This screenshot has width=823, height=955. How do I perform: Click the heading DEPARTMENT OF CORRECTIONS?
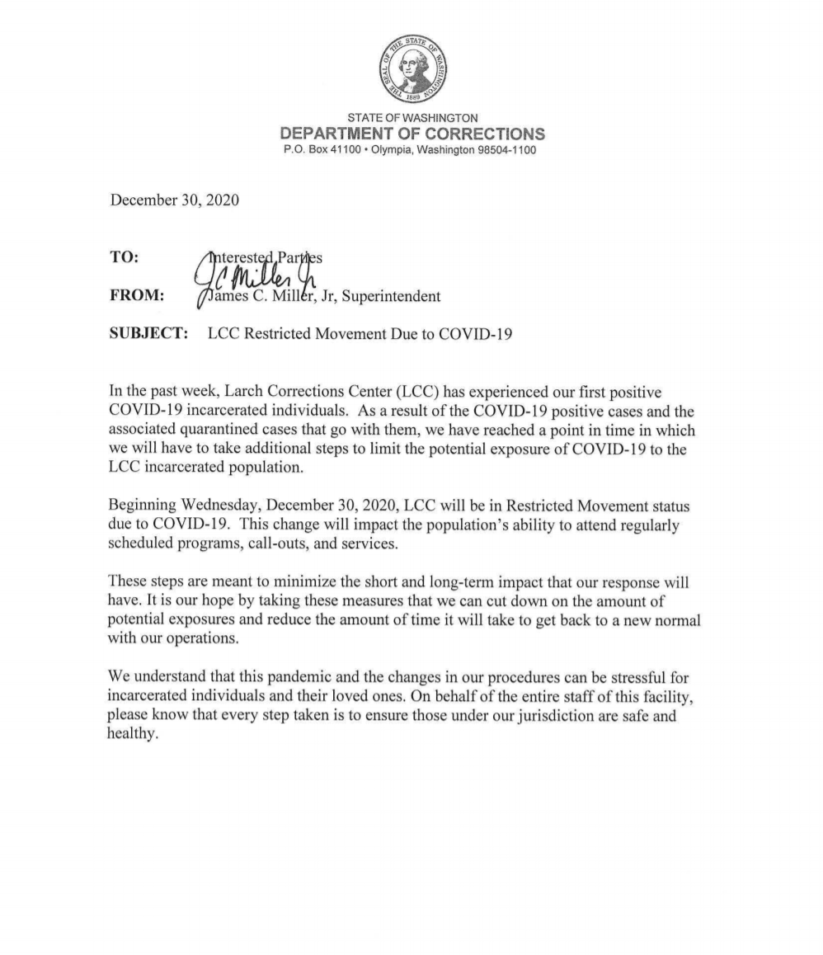(x=411, y=134)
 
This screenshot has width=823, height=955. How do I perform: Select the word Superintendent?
(x=389, y=295)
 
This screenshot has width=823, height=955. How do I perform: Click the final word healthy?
(x=131, y=736)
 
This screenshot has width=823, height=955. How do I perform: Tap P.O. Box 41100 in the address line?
(x=317, y=150)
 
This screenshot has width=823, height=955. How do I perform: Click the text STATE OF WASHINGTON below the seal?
(x=411, y=118)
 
